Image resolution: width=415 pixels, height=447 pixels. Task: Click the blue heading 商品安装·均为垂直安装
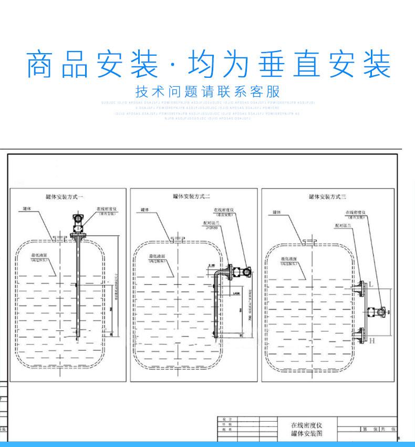208,64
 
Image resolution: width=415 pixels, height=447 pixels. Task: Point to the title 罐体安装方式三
327,197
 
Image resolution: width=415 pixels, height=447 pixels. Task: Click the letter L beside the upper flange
371,284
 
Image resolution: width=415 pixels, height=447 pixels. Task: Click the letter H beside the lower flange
371,341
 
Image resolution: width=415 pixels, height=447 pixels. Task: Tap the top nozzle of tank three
309,242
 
